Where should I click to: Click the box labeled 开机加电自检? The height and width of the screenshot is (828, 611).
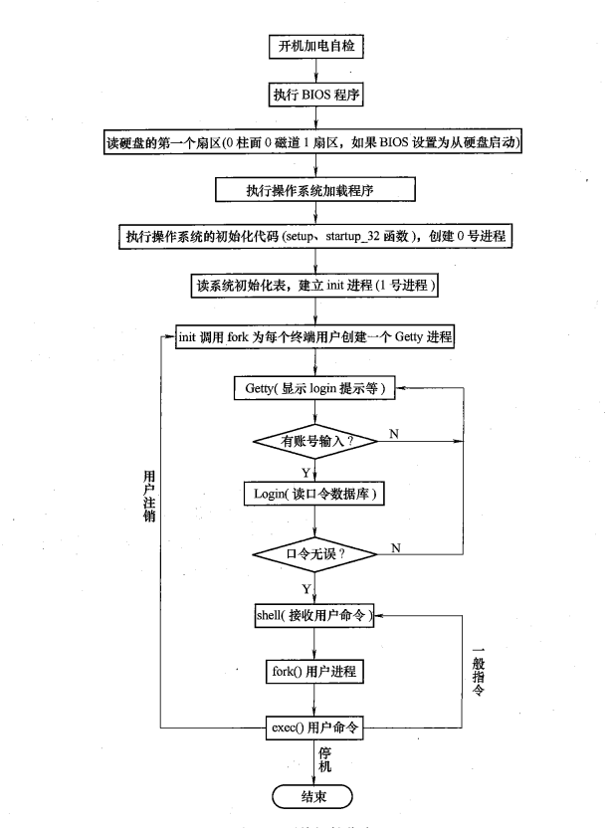point(314,46)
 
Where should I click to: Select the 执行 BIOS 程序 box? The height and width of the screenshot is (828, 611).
point(314,97)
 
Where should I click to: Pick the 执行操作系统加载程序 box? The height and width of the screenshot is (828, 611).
point(314,189)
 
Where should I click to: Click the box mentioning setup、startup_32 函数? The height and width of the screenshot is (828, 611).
point(315,238)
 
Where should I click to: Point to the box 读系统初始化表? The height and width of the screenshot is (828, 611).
point(315,286)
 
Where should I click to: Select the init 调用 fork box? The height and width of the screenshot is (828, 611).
point(315,335)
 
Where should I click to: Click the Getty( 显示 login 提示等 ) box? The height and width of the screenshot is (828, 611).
point(315,388)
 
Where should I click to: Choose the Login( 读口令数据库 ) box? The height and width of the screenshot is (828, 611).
point(315,494)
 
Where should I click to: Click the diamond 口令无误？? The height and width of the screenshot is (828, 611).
point(315,553)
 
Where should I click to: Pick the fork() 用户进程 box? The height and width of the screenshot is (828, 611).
point(315,672)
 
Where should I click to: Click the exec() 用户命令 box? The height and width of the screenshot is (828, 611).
point(315,728)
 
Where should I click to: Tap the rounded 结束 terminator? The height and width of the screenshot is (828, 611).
point(314,795)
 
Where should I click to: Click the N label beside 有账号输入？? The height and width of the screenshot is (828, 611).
point(394,434)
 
